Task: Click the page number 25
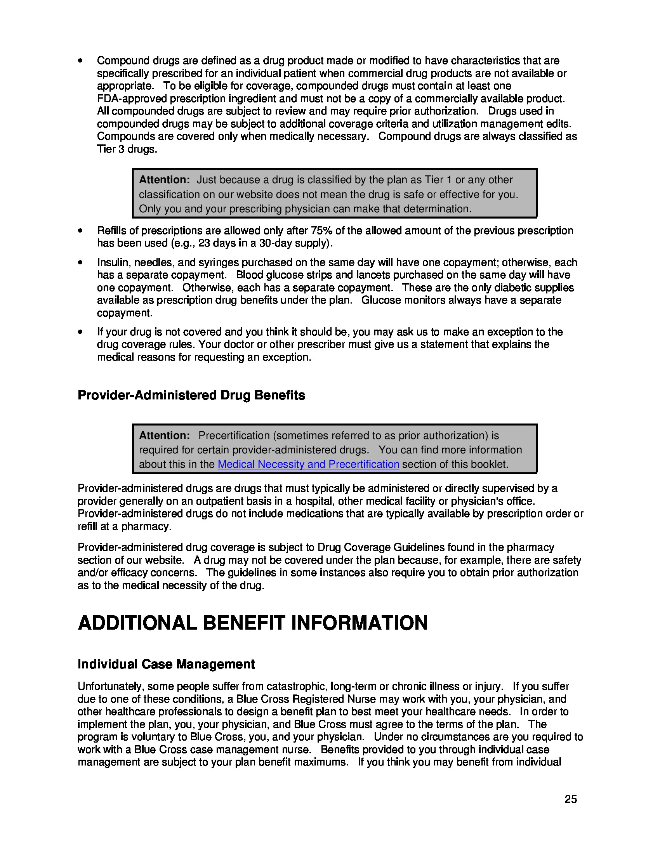tap(570, 799)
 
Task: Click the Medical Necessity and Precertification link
tap(308, 464)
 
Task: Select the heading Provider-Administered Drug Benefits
tap(191, 395)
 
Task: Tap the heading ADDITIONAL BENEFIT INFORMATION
tap(253, 623)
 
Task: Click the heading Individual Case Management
tap(166, 664)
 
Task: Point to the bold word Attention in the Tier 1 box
tap(164, 180)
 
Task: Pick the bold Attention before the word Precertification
tap(164, 436)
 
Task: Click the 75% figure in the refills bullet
tap(321, 231)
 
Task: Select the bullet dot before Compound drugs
tap(80, 61)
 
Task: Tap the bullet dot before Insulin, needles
tap(80, 263)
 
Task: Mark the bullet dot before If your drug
tap(80, 332)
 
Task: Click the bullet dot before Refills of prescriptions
tap(80, 231)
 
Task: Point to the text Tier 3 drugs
tap(127, 149)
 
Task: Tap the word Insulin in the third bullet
tap(110, 262)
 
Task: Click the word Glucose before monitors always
tap(378, 300)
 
